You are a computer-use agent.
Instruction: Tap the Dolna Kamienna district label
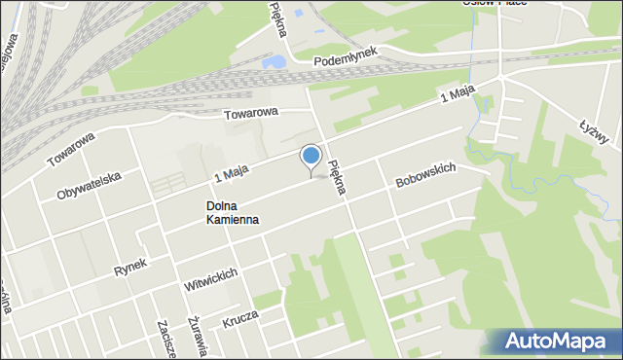point(233,213)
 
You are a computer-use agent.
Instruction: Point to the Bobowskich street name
point(425,175)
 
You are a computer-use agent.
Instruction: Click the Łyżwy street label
point(594,131)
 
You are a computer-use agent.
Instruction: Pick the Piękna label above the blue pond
point(279,18)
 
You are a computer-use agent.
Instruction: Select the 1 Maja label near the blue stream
point(456,94)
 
